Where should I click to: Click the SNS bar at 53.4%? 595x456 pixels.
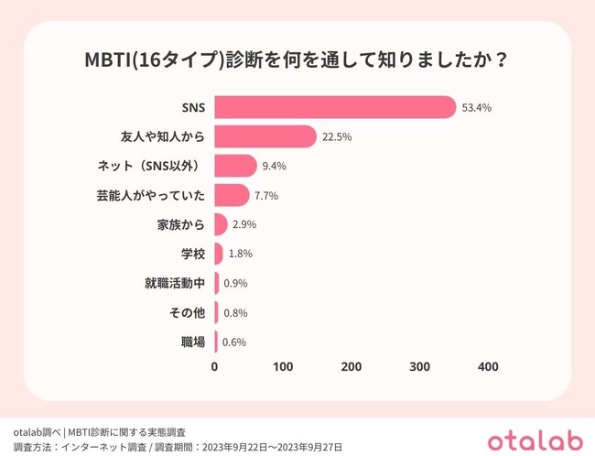click(335, 107)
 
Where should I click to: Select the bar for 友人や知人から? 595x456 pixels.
click(265, 136)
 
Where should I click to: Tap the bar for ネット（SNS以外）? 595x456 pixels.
click(236, 166)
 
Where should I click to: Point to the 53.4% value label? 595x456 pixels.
click(477, 107)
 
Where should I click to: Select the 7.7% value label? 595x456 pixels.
click(266, 195)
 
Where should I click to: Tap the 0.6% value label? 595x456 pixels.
click(234, 342)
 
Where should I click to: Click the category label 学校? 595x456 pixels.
click(191, 254)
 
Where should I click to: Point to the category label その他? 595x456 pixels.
click(187, 313)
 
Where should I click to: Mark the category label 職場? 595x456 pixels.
click(191, 342)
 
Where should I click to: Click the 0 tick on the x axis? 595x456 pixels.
click(215, 367)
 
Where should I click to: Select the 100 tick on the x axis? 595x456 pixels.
click(283, 367)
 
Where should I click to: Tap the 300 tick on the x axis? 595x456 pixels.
click(419, 367)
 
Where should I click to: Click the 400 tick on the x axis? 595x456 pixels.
click(488, 367)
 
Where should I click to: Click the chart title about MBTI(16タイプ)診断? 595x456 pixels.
click(297, 61)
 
